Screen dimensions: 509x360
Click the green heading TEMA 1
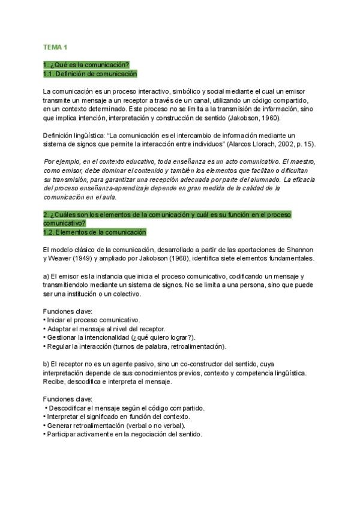55,47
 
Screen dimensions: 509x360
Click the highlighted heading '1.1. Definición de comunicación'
90,74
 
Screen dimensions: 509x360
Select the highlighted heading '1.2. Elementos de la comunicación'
94,232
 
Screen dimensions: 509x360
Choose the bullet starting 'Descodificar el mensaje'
127,408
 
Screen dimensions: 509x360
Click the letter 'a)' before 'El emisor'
46,276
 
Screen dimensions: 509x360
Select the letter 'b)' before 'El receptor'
46,364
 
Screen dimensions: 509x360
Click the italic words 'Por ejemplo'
61,162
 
